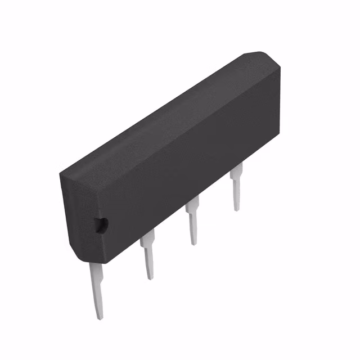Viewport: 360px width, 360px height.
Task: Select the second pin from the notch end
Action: (148, 256)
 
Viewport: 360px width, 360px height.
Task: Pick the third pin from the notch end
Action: (192, 222)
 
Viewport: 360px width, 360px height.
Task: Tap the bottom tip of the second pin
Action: (150, 278)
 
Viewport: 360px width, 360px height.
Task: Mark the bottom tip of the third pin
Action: (194, 244)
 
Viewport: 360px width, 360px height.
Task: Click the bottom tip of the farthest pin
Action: (238, 209)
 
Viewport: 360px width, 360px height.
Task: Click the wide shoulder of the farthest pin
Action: (236, 171)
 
